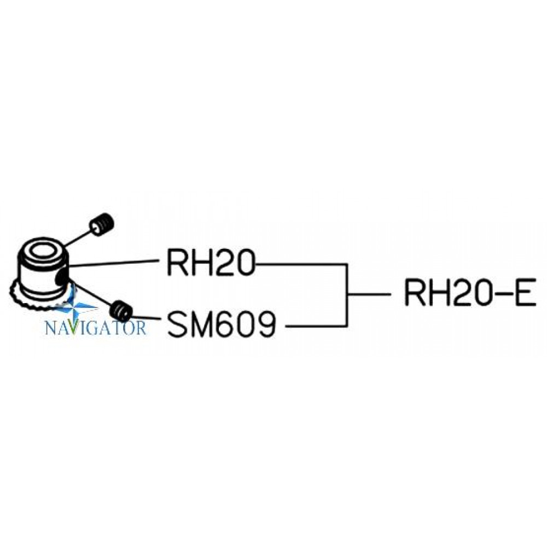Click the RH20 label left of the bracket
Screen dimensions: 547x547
point(211,263)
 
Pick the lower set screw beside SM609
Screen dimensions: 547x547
point(121,311)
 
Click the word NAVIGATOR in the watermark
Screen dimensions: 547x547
point(96,328)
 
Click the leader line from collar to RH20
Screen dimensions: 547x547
point(114,264)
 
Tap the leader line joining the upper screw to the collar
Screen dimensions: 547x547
point(77,237)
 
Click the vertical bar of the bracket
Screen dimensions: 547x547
point(346,295)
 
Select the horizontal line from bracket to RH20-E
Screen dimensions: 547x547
point(369,294)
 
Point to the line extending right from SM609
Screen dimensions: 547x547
point(316,326)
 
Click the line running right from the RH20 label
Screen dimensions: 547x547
point(301,264)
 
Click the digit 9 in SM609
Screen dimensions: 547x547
point(265,324)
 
